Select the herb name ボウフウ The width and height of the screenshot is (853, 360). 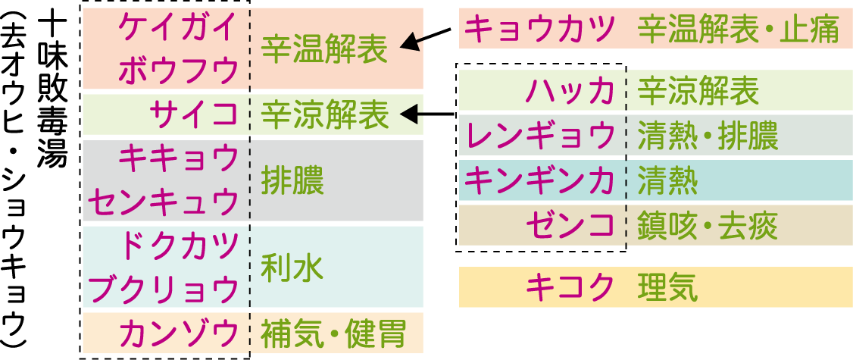[179, 72]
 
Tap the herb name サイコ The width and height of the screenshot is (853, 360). [194, 115]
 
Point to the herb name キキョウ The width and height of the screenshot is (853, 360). [179, 158]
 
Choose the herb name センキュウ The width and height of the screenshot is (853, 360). [164, 202]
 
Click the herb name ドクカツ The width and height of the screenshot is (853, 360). [179, 246]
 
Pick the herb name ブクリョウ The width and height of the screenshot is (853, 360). [164, 289]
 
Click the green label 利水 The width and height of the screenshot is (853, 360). [292, 268]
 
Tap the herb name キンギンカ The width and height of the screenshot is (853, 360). [539, 181]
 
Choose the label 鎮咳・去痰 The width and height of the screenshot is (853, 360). [708, 224]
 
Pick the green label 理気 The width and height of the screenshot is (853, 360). [667, 287]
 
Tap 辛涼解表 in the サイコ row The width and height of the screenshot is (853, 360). [324, 115]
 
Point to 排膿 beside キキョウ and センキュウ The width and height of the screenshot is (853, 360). [292, 181]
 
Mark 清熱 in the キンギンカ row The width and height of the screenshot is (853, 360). [667, 181]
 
